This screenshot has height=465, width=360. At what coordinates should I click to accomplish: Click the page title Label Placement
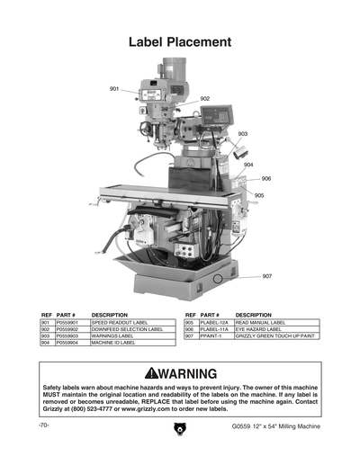click(x=180, y=42)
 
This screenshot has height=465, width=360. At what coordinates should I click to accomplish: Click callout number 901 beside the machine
click(x=114, y=89)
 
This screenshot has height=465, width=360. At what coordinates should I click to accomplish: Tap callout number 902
click(x=205, y=98)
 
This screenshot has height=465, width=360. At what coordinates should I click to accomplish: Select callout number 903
click(x=243, y=133)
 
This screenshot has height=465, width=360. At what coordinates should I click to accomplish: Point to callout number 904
click(x=247, y=165)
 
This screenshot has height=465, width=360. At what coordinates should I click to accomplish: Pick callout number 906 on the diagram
click(x=266, y=178)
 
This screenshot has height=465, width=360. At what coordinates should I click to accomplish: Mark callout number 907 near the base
click(x=267, y=276)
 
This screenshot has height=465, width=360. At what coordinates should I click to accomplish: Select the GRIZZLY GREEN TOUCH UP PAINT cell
click(x=274, y=335)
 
